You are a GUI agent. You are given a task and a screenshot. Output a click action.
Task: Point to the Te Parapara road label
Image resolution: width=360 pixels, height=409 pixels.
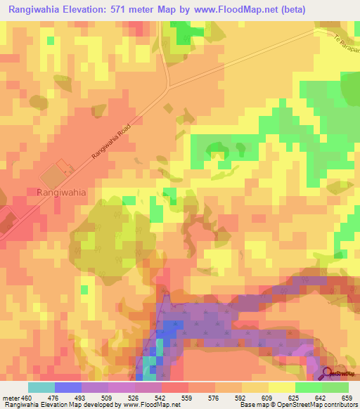coord(345,47)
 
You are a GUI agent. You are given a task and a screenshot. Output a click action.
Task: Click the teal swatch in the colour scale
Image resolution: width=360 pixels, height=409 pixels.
coord(41,387)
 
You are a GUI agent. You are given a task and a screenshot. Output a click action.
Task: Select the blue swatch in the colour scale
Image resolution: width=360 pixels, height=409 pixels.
coord(68,387)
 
